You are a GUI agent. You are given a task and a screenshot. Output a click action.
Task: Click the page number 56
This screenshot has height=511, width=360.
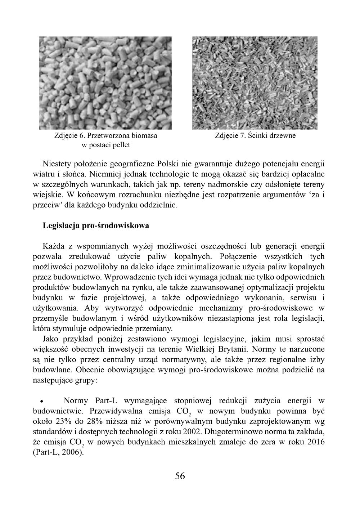pos(180,476)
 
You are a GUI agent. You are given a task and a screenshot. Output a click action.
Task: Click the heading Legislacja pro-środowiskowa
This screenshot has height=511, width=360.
pos(96,226)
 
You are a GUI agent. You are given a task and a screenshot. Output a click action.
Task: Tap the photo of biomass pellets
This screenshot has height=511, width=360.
pos(105,83)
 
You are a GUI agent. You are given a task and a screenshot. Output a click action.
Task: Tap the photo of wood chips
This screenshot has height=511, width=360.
pos(255,83)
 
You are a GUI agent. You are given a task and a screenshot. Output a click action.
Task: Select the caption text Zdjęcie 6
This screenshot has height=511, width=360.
pos(69,136)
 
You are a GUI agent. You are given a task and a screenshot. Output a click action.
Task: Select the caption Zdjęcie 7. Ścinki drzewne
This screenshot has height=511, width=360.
pos(255,136)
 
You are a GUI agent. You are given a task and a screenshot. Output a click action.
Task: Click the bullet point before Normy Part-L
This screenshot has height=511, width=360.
pos(42,401)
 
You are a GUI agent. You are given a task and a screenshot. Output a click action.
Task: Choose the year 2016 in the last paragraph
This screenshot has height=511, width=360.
pos(316,442)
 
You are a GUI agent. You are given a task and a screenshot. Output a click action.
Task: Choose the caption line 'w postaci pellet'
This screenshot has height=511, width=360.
pos(105,145)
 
